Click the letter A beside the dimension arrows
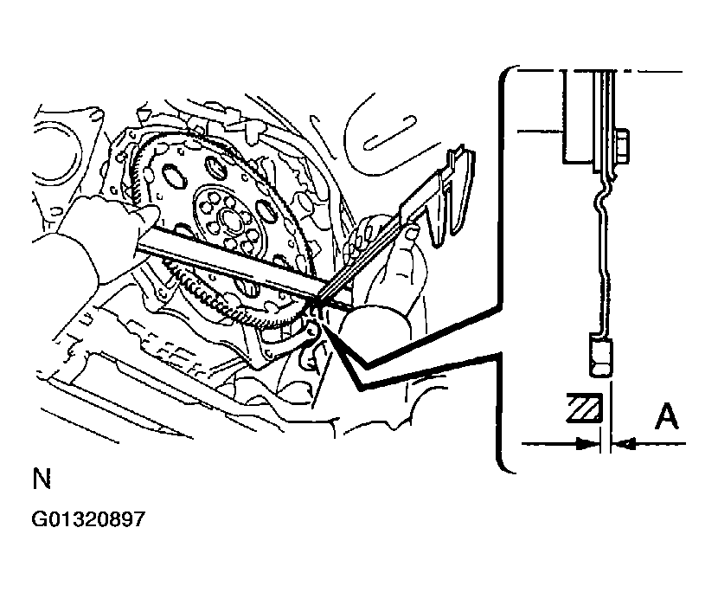point(666,416)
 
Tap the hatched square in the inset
point(584,408)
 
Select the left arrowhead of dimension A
point(588,443)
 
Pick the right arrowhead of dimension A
point(623,443)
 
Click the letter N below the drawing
point(42,479)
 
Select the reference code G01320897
point(88,519)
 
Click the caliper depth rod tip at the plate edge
point(317,299)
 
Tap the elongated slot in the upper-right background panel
point(390,132)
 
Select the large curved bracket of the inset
point(503,269)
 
